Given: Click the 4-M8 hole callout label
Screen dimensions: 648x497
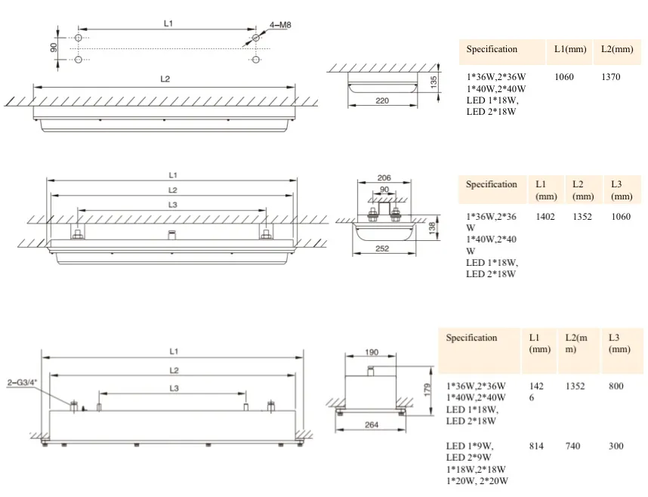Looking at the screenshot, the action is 280,25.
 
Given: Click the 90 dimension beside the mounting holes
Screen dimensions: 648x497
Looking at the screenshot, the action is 54,48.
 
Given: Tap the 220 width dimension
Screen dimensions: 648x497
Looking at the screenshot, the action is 382,100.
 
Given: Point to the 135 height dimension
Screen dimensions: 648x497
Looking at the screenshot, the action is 434,81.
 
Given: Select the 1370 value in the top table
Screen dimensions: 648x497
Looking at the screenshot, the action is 611,76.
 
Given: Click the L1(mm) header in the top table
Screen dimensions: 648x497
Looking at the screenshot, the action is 570,49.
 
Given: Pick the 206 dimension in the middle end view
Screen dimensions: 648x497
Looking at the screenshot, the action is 384,177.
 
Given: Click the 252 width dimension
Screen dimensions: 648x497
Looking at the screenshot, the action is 382,248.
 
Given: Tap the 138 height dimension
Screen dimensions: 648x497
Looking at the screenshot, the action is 432,228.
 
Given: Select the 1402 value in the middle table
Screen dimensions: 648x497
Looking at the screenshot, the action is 545,216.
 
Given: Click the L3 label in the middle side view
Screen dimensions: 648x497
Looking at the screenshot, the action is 173,205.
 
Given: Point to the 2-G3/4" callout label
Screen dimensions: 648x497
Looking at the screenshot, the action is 23,382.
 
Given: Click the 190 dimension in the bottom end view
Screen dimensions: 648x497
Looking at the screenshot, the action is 372,352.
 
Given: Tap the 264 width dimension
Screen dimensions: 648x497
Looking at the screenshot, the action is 372,424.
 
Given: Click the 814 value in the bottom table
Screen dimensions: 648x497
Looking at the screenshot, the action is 536,446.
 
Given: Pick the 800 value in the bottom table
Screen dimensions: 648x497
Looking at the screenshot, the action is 616,386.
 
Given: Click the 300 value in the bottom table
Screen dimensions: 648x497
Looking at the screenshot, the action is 616,446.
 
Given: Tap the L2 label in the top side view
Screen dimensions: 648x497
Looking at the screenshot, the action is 165,79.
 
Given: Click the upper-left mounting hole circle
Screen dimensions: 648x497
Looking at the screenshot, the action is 79,38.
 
